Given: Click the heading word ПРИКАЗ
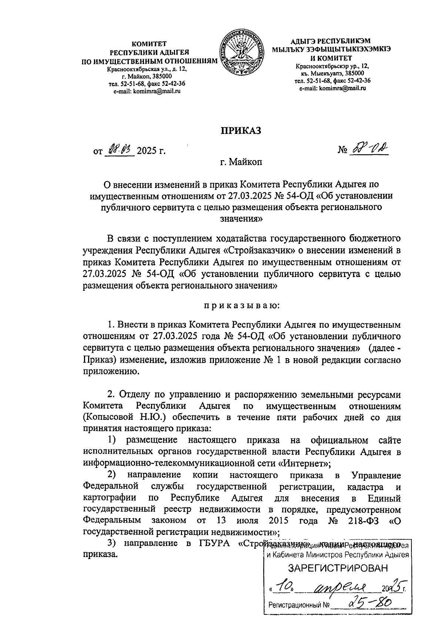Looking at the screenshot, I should [x=241, y=131].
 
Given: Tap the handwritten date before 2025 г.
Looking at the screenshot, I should [x=119, y=150].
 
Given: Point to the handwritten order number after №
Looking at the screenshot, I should [x=367, y=149].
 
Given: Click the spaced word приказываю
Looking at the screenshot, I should [x=241, y=306].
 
